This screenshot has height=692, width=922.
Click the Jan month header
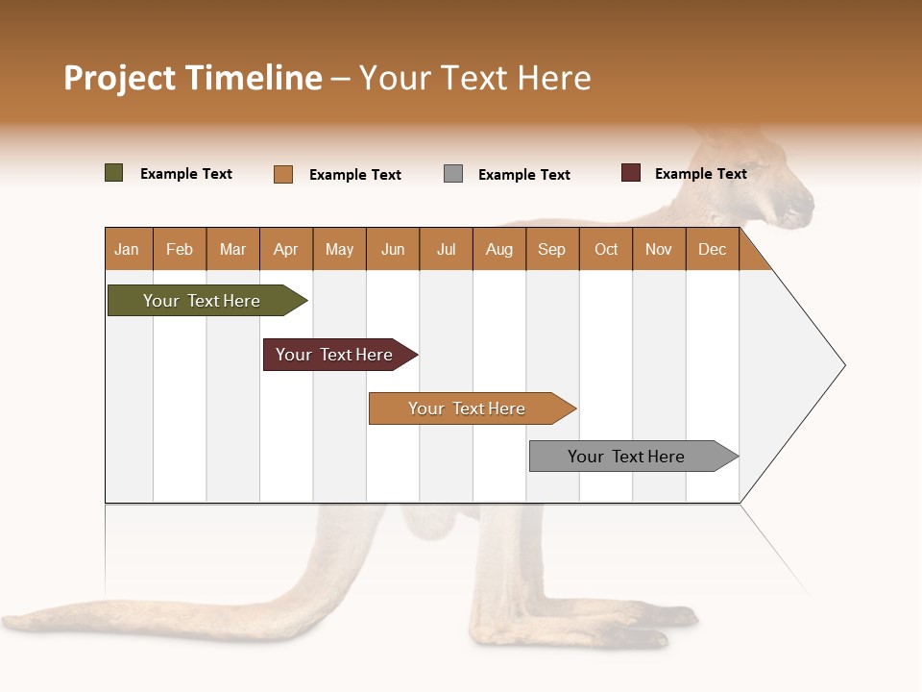point(127,250)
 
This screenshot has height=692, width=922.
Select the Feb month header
point(180,250)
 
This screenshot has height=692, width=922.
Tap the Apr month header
point(285,250)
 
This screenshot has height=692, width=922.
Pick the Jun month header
point(393,250)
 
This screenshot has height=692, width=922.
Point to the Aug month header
point(499,250)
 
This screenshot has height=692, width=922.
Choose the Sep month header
point(552,250)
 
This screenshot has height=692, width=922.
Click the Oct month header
point(606,250)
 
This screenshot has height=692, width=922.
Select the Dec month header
point(713,250)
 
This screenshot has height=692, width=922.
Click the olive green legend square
point(114,173)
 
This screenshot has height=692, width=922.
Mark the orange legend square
point(283,174)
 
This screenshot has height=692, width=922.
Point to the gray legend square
point(453,174)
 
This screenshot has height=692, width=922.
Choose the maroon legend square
point(631,173)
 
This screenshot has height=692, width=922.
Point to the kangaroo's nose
point(805,205)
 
